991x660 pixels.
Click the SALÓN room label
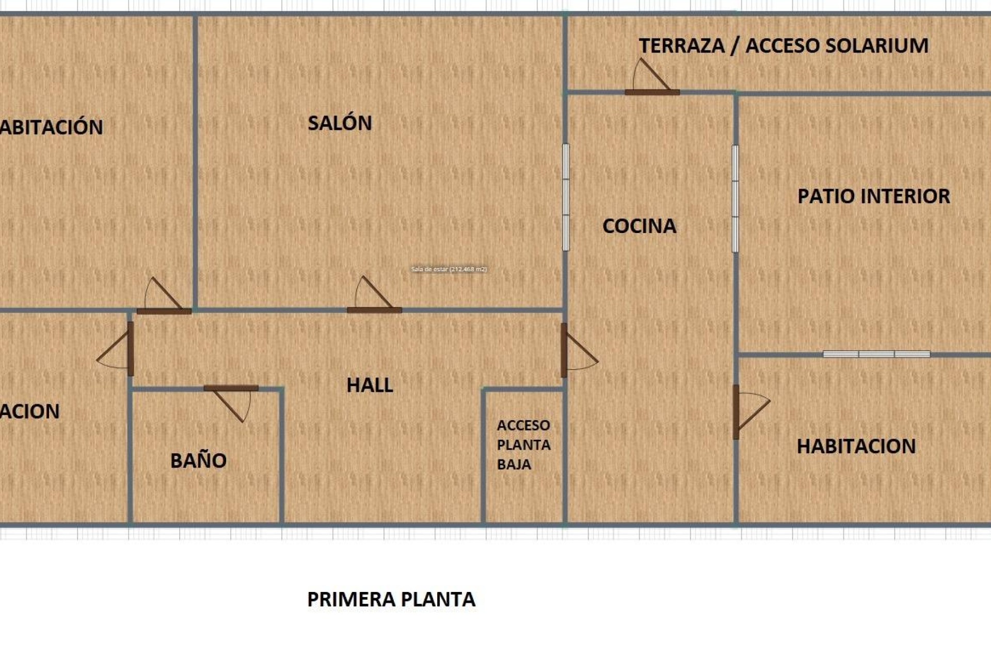coord(340,123)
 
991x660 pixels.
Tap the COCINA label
coord(639,226)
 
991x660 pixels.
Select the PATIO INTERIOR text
coord(873,196)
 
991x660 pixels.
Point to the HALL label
coord(370,385)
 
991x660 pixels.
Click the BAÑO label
coord(198,460)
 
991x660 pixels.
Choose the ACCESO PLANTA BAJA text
coord(523,444)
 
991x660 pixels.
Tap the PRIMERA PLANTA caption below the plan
coord(391,599)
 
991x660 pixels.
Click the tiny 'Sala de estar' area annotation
coord(449,269)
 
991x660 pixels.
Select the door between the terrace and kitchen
coord(652,92)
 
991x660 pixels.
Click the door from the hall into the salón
coord(374,309)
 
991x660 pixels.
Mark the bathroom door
coord(231,388)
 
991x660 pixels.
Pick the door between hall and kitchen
coord(564,350)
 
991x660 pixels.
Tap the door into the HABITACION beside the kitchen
coord(736,411)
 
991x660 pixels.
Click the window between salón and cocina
coord(566,197)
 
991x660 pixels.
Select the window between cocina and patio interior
coord(735,199)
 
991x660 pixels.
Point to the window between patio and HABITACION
coord(876,354)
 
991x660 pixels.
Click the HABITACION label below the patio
coord(856,447)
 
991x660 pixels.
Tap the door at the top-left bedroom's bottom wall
coord(164,311)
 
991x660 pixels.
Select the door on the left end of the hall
coord(131,349)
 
